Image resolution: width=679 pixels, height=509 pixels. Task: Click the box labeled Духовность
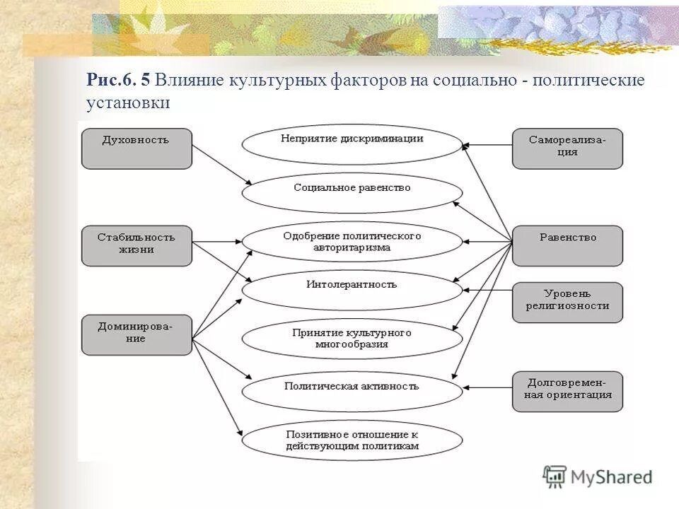point(137,148)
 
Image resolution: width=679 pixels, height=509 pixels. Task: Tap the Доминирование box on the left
point(137,334)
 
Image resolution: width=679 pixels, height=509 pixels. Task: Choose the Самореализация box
point(567,148)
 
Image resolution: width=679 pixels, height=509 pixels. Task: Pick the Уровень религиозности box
point(567,302)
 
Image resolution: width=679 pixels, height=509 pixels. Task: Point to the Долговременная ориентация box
point(567,391)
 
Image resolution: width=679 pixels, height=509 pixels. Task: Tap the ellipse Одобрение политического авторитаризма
point(352,242)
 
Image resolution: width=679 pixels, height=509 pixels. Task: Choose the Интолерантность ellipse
point(352,290)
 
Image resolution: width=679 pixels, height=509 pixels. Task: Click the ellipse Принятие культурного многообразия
point(352,339)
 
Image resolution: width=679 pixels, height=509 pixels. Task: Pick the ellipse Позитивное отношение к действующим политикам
point(352,440)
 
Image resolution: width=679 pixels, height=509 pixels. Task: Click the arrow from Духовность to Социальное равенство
point(221,165)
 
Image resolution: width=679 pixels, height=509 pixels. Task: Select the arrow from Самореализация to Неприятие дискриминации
point(487,145)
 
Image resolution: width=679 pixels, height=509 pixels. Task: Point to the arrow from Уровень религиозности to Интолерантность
point(487,290)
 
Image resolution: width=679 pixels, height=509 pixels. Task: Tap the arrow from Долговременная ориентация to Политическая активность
point(487,387)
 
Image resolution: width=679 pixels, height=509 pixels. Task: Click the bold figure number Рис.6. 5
point(118,80)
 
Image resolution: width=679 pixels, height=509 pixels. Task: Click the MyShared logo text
point(610,477)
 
